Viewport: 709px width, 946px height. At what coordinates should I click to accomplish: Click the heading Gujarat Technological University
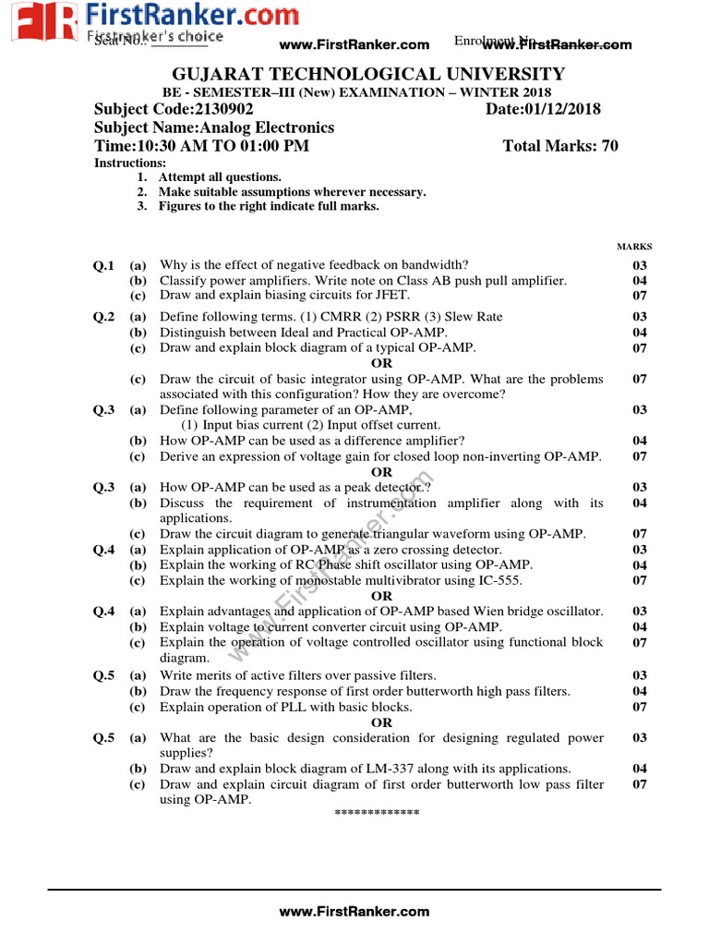pyautogui.click(x=368, y=74)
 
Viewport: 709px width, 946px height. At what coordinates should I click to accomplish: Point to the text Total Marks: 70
pyautogui.click(x=560, y=146)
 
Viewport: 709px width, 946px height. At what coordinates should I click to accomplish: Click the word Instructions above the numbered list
pyautogui.click(x=130, y=163)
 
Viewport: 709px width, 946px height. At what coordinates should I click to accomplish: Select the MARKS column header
pyautogui.click(x=634, y=247)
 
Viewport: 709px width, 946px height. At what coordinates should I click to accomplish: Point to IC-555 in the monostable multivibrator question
pyautogui.click(x=499, y=580)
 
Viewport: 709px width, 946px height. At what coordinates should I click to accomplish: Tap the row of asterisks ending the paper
pyautogui.click(x=377, y=813)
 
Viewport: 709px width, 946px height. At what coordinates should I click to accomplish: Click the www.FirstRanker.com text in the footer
pyautogui.click(x=354, y=911)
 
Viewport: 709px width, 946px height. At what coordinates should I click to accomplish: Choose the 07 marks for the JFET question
pyautogui.click(x=640, y=296)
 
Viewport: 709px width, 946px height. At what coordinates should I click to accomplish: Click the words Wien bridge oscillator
pyautogui.click(x=538, y=612)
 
